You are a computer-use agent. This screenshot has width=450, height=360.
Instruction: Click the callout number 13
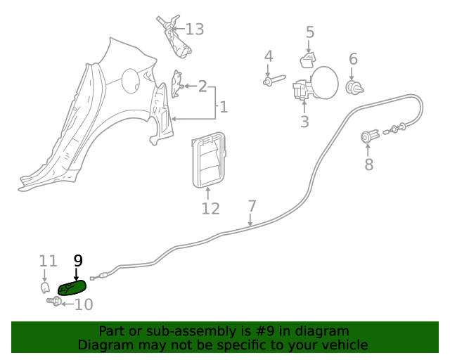pyautogui.click(x=194, y=30)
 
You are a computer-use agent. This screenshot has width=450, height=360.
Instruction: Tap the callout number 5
pyautogui.click(x=310, y=32)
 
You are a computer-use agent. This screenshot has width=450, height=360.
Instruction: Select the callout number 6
pyautogui.click(x=353, y=59)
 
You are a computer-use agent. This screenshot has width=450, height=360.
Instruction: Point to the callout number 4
pyautogui.click(x=268, y=56)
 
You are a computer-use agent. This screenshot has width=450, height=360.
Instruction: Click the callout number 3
pyautogui.click(x=304, y=122)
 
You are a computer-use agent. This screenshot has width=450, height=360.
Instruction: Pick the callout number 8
pyautogui.click(x=368, y=165)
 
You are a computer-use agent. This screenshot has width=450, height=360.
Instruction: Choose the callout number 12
pyautogui.click(x=210, y=209)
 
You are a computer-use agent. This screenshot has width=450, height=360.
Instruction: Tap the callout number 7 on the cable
pyautogui.click(x=252, y=207)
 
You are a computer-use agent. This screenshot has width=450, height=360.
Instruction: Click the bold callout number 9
pyautogui.click(x=77, y=260)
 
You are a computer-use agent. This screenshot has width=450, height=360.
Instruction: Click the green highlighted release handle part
pyautogui.click(x=72, y=287)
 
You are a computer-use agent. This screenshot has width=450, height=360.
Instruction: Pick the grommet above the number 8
pyautogui.click(x=369, y=136)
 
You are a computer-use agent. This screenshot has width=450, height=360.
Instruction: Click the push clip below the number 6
pyautogui.click(x=354, y=86)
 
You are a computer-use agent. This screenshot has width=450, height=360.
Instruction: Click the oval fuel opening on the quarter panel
pyautogui.click(x=131, y=79)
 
